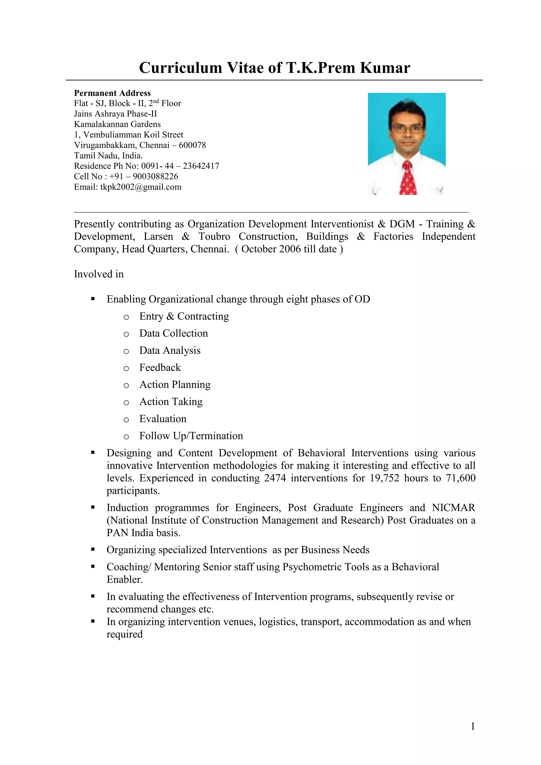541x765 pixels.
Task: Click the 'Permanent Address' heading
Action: tap(112, 93)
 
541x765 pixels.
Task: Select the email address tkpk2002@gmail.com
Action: tap(141, 187)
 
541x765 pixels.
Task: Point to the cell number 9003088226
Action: tap(155, 176)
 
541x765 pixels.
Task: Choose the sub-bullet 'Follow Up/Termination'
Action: tap(191, 435)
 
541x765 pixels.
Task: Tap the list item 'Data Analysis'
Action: tap(170, 350)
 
